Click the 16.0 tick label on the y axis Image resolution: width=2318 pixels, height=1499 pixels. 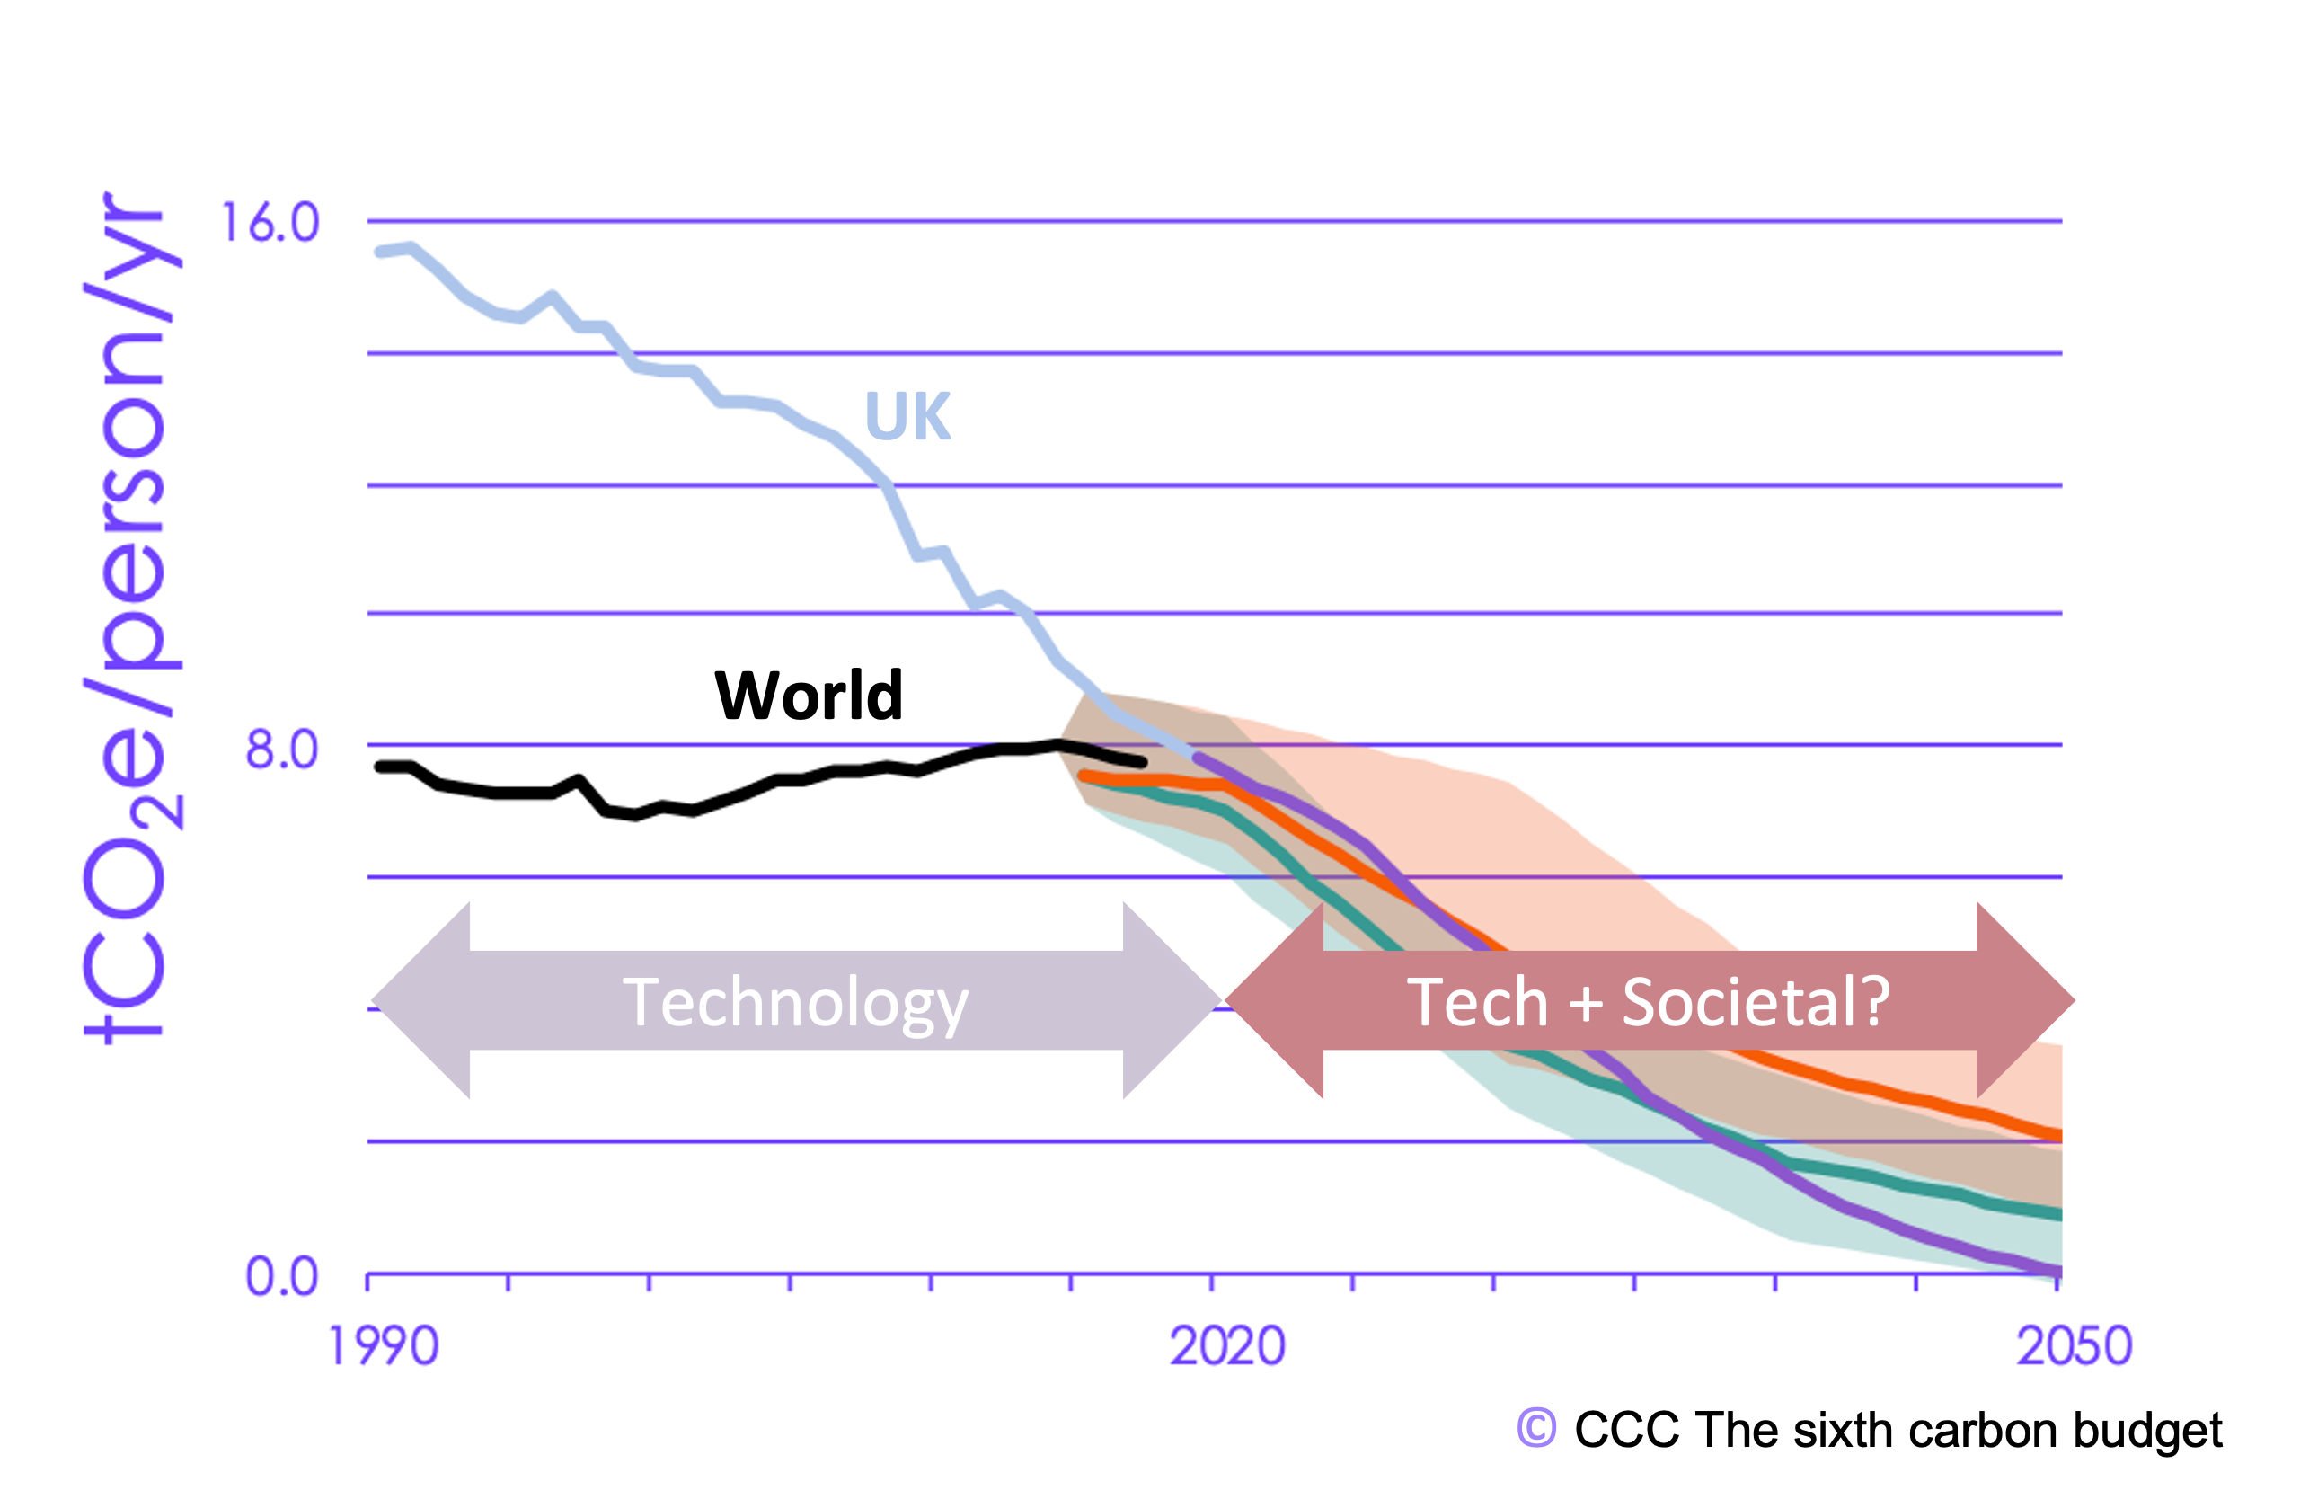point(270,223)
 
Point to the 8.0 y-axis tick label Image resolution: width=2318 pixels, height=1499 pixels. point(281,750)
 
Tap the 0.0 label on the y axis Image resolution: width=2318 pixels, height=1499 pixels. point(281,1276)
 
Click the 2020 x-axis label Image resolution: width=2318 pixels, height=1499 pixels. point(1227,1347)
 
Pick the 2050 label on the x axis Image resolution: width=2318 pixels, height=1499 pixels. point(2074,1347)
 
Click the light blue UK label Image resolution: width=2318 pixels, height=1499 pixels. point(907,417)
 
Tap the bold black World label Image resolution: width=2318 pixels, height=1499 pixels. point(809,696)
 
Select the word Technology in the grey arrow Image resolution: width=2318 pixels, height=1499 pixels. point(795,1003)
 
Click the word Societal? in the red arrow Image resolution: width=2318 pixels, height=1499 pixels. point(1756,1003)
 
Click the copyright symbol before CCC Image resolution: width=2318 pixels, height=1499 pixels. point(1536,1429)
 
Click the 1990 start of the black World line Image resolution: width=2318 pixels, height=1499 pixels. point(381,767)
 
